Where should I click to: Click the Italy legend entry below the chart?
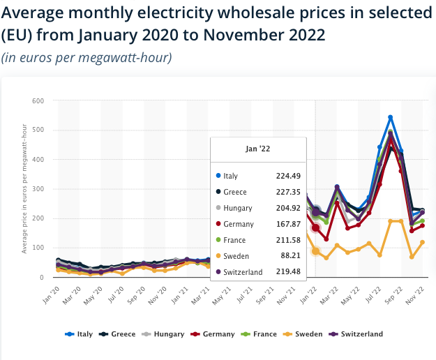point(79,334)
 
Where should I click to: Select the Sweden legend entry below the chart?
point(303,334)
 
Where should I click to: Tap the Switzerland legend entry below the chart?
point(356,334)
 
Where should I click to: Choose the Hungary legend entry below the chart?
point(163,334)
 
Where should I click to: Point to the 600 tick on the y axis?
point(38,100)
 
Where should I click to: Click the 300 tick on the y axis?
point(38,189)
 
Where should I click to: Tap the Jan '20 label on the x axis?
point(52,295)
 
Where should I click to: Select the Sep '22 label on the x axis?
point(394,295)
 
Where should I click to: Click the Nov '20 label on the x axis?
point(158,296)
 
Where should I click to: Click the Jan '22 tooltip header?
point(257,149)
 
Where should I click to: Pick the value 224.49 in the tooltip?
point(288,176)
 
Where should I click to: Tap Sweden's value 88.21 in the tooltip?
point(291,255)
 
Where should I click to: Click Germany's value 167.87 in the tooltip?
point(288,224)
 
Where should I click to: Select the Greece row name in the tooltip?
point(235,192)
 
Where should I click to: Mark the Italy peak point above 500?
point(391,118)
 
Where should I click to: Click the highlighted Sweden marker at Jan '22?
point(315,251)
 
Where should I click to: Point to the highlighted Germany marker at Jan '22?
point(315,228)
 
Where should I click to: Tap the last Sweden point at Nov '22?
point(422,242)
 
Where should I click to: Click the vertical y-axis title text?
point(24,189)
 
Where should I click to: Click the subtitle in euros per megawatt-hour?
point(87,57)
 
